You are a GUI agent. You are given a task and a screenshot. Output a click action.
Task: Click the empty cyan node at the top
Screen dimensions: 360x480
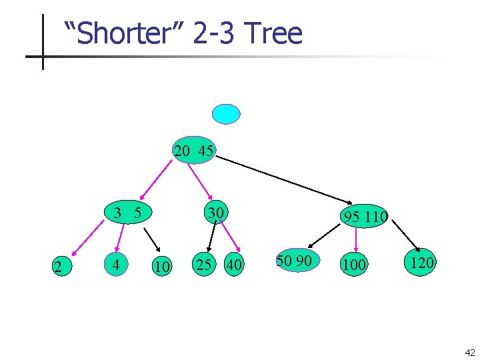(225, 114)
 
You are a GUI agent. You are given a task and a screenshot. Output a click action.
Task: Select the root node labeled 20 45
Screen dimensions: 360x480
(194, 151)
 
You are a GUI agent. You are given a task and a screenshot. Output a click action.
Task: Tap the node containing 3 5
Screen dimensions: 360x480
(127, 213)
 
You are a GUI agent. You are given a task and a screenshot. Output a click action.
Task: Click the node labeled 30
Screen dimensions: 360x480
(215, 213)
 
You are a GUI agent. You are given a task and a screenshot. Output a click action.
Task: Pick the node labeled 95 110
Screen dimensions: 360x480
(364, 216)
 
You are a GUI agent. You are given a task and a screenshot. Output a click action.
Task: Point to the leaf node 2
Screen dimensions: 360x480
(59, 267)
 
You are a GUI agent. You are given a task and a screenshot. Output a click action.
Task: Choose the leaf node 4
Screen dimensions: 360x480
(117, 265)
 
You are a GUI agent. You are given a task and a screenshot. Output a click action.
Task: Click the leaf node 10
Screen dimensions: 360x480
(161, 267)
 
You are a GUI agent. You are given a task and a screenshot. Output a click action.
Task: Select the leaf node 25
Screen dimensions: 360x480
(203, 264)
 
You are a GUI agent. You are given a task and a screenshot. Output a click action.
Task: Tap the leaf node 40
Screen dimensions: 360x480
(233, 264)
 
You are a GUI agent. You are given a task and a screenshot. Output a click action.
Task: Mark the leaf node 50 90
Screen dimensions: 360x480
(294, 261)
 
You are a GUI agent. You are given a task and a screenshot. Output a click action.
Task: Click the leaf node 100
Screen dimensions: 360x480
(353, 265)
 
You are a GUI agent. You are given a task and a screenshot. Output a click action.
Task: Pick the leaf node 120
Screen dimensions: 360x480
(422, 262)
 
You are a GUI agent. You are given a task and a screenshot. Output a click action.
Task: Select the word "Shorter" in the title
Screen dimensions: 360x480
(124, 33)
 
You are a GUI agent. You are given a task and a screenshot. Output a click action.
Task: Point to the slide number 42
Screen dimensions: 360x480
(470, 353)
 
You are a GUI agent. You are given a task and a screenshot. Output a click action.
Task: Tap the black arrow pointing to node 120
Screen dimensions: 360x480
(405, 235)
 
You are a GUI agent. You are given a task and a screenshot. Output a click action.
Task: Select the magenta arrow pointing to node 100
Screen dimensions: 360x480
(357, 240)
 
